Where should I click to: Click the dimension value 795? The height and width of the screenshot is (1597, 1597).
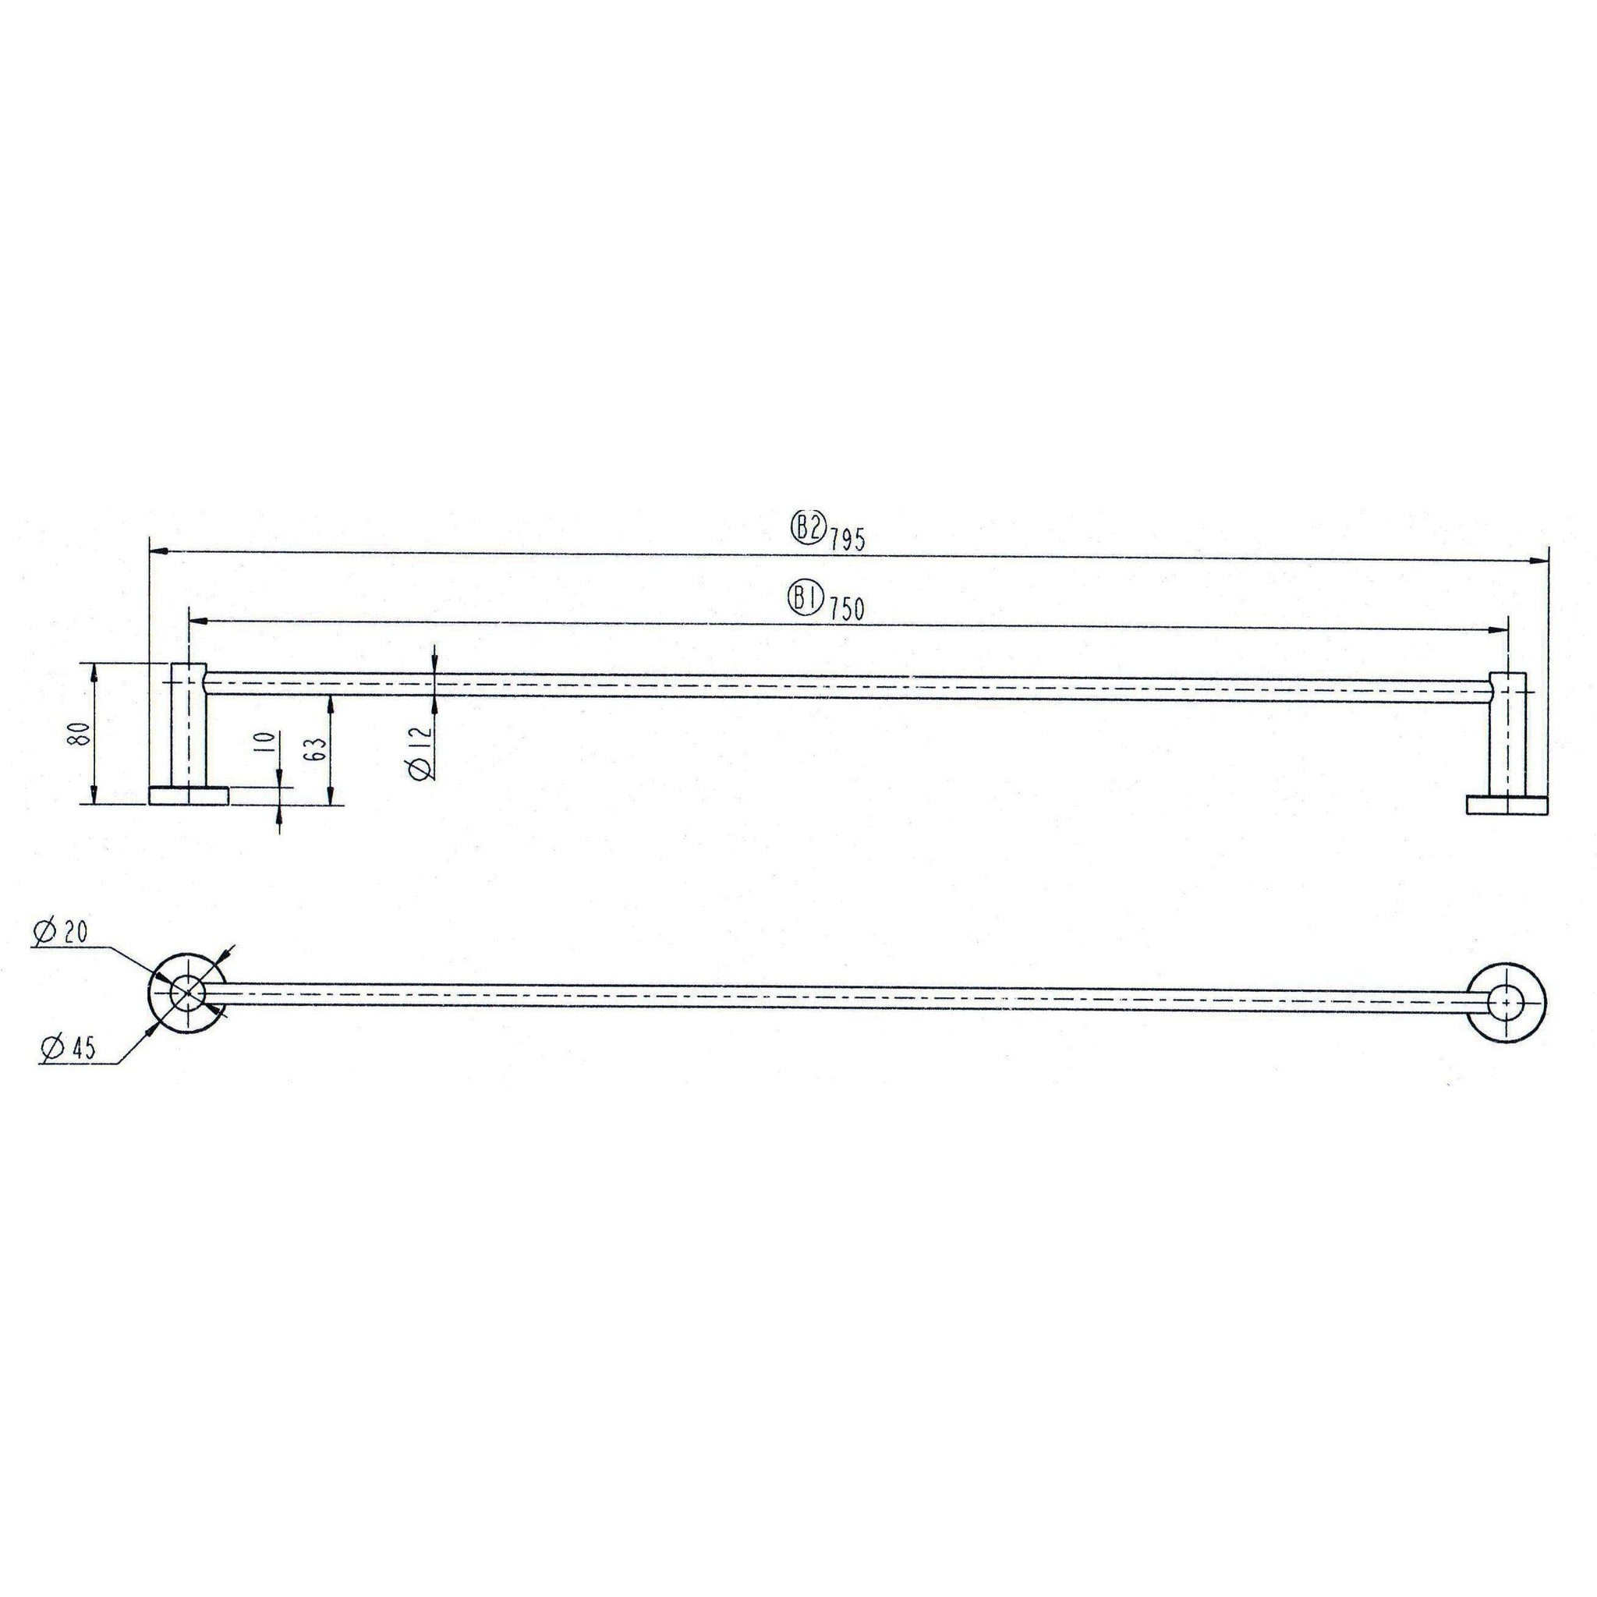click(848, 540)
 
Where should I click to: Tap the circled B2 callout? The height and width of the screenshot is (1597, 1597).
click(808, 529)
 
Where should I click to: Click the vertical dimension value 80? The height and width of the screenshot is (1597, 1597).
click(80, 733)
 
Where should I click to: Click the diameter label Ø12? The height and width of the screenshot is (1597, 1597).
click(420, 752)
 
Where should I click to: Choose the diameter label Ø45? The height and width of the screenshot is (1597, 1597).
click(68, 1048)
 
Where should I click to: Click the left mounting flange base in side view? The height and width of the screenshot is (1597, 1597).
click(189, 795)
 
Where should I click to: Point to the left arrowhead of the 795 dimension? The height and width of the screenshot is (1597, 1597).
click(158, 549)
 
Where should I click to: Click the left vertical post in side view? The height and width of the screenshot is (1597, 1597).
click(189, 728)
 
